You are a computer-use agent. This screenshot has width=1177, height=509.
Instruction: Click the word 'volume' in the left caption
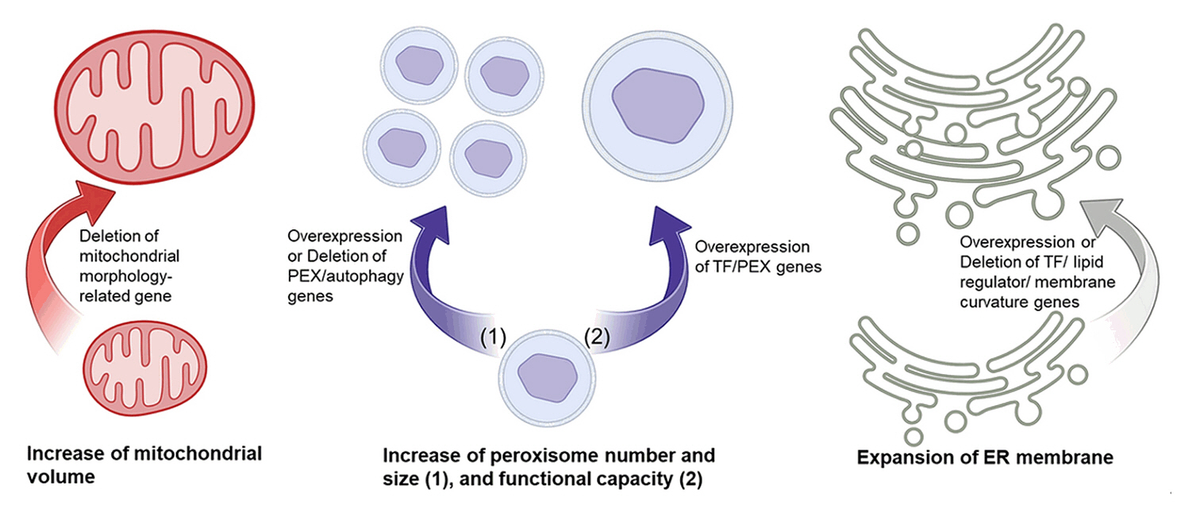(x=60, y=477)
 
